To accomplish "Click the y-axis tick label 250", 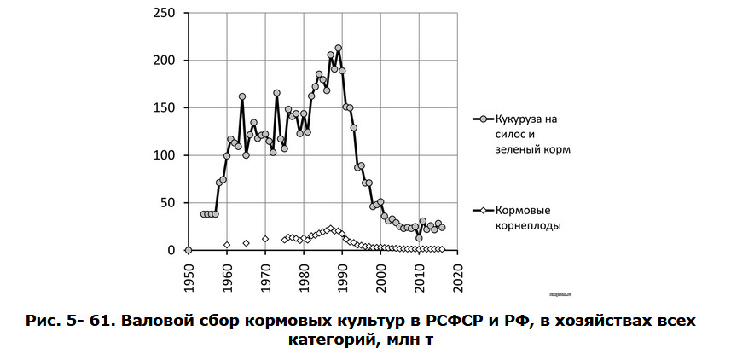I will [165, 13].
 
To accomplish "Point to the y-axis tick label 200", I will [165, 61].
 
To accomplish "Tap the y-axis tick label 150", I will [165, 108].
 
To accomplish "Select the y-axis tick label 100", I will [165, 155].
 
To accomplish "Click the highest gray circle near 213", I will [339, 49].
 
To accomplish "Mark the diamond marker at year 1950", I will [189, 250].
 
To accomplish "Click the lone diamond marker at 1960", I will [227, 245].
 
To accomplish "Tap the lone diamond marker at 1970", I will [265, 239].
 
